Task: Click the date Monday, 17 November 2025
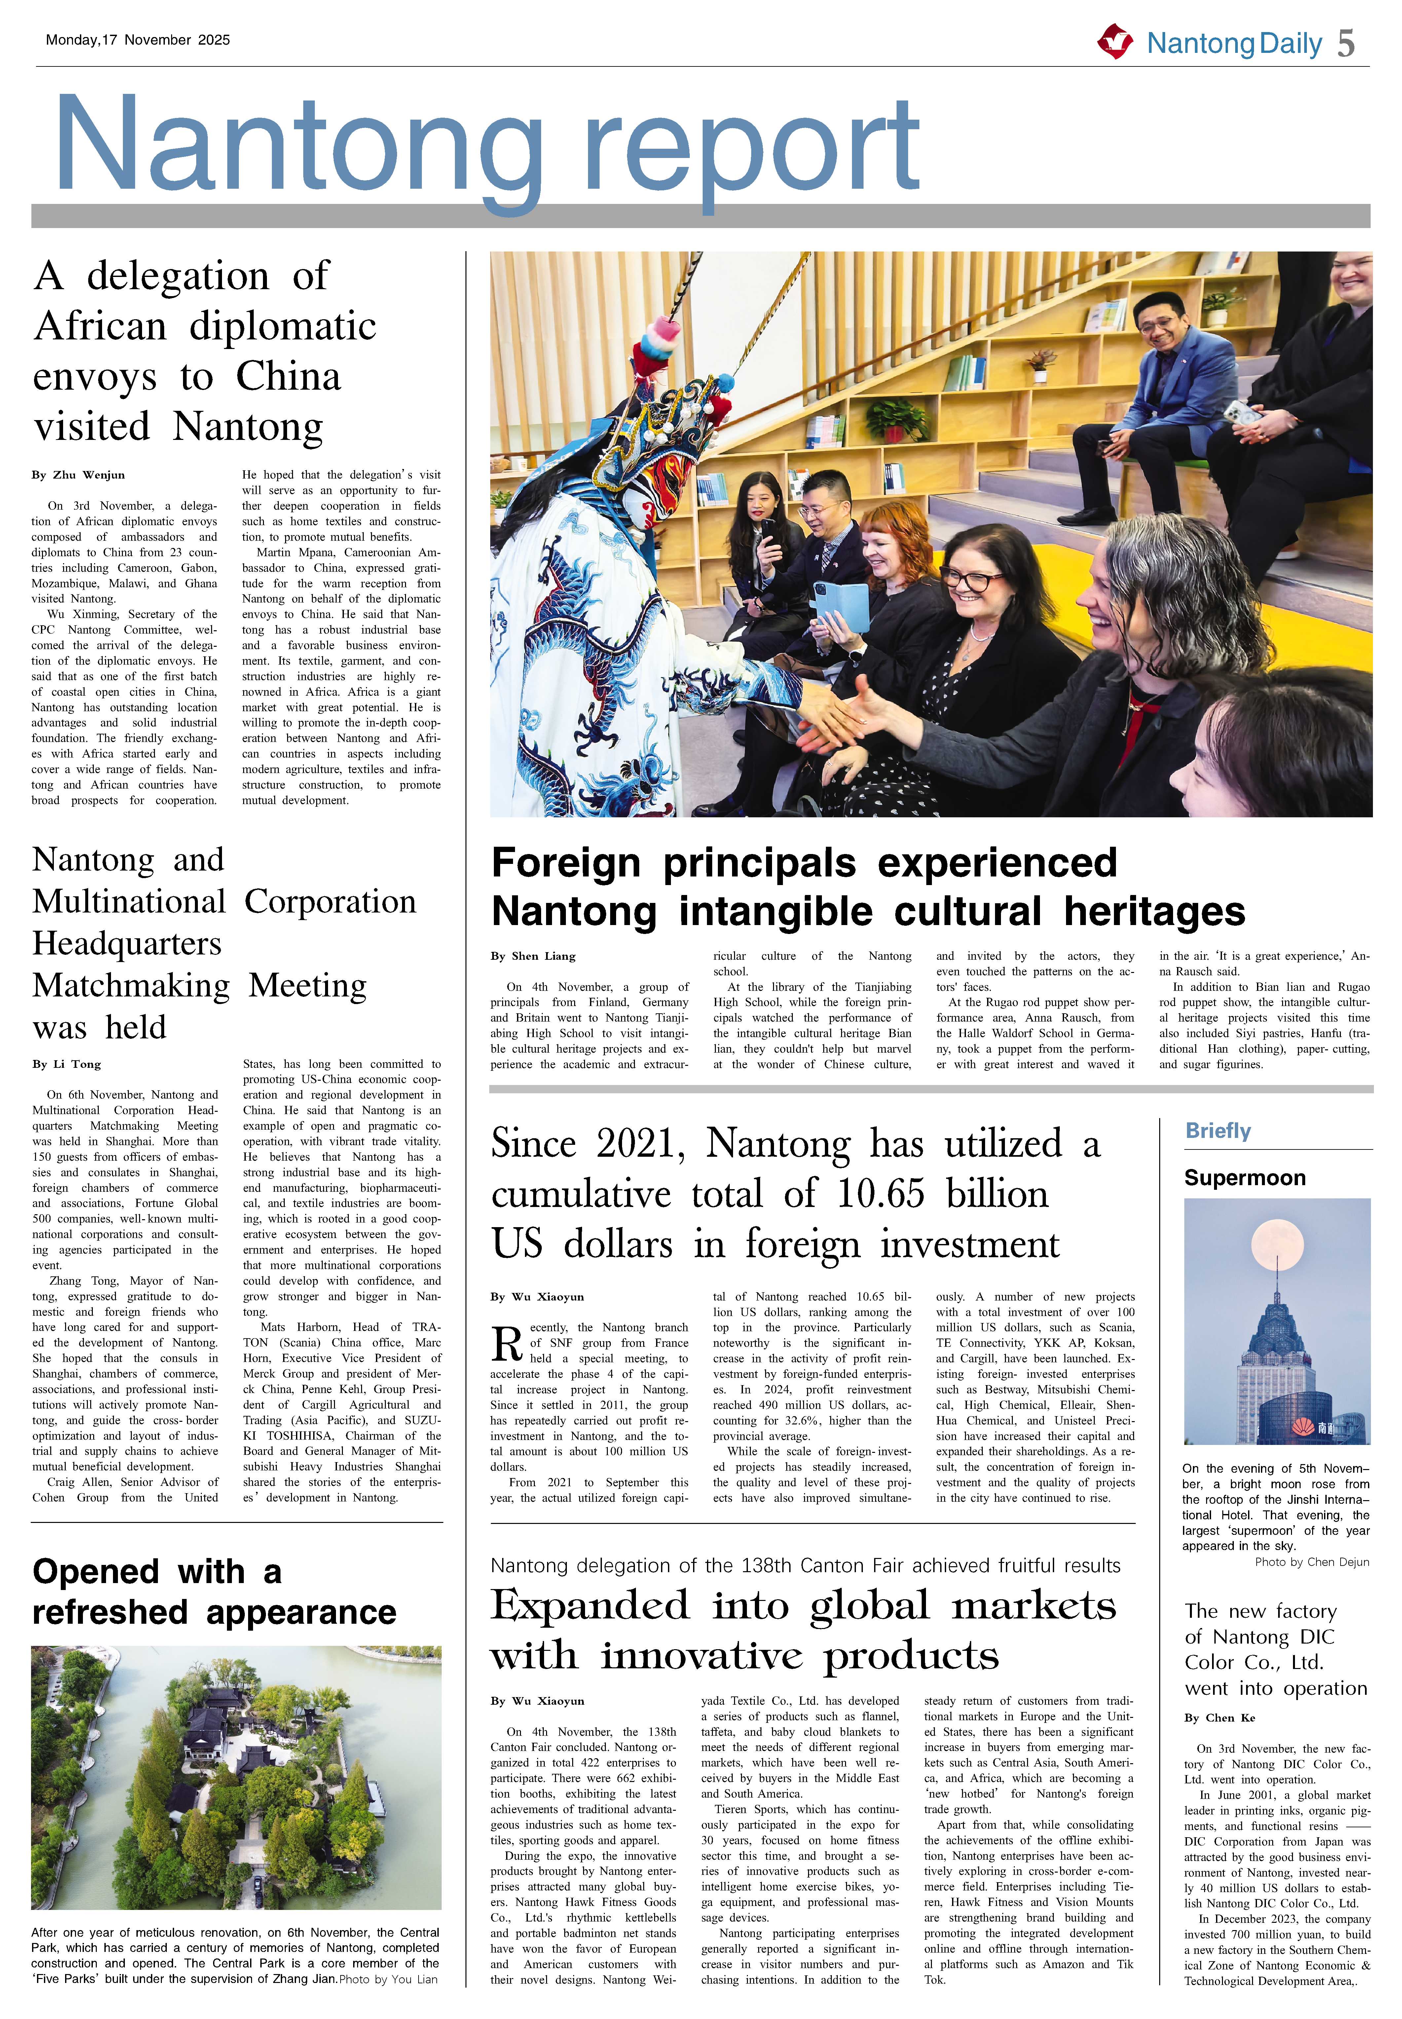(138, 40)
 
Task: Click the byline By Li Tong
(67, 1064)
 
